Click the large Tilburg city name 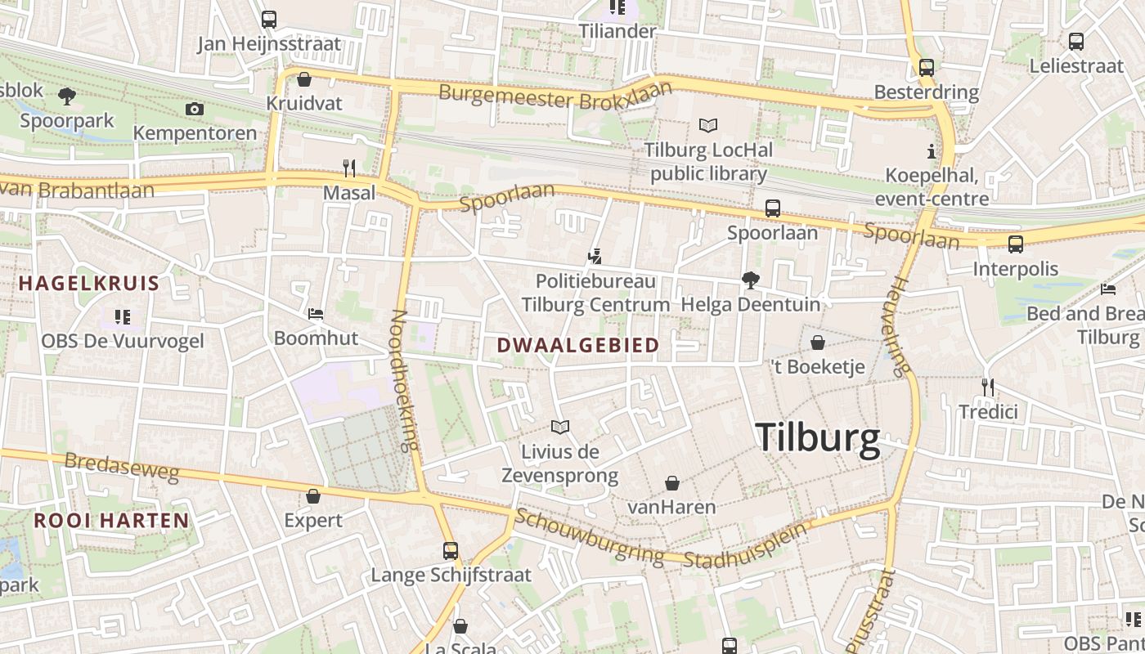(817, 439)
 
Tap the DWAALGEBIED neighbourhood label (578, 346)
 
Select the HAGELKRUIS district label (89, 284)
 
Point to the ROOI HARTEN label (111, 520)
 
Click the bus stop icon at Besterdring (926, 68)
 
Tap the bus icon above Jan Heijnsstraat (269, 19)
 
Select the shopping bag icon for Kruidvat (304, 80)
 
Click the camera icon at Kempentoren (194, 109)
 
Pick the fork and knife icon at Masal (349, 168)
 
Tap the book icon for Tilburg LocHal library (708, 125)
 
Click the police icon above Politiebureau (595, 257)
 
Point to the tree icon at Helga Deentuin (750, 280)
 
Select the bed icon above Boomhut (316, 314)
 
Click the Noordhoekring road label (405, 381)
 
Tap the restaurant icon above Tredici (988, 387)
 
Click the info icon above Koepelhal (931, 151)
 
